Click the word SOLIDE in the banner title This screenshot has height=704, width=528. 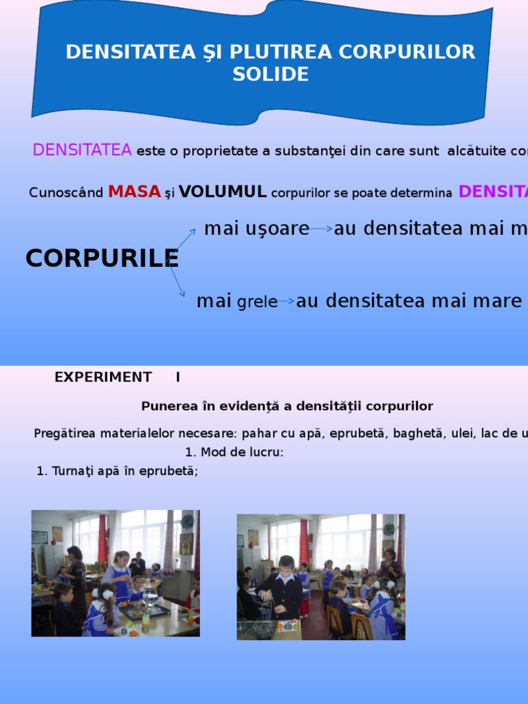(270, 75)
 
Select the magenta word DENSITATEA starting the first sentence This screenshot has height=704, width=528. (82, 151)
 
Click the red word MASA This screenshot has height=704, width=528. (134, 192)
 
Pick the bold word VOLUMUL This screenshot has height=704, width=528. (223, 192)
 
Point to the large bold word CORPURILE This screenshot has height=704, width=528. (102, 258)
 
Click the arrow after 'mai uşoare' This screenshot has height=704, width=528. (321, 229)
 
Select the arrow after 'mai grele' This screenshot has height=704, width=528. (287, 301)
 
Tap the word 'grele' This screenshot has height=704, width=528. (257, 302)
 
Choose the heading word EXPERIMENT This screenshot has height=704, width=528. (103, 377)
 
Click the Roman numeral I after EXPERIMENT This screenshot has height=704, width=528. (178, 377)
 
